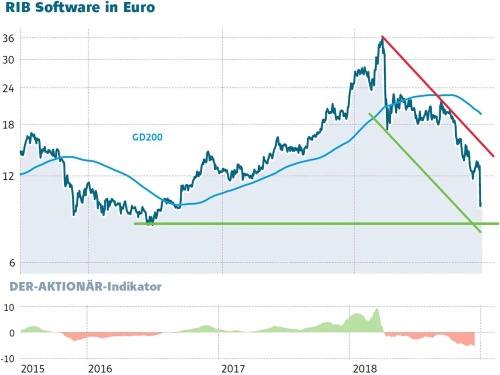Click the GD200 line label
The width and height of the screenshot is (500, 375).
(147, 136)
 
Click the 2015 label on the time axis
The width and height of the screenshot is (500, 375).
(32, 369)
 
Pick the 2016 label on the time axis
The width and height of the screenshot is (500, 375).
(100, 369)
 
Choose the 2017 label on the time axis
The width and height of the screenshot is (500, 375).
(232, 369)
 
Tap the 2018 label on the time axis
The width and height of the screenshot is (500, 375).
(365, 369)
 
